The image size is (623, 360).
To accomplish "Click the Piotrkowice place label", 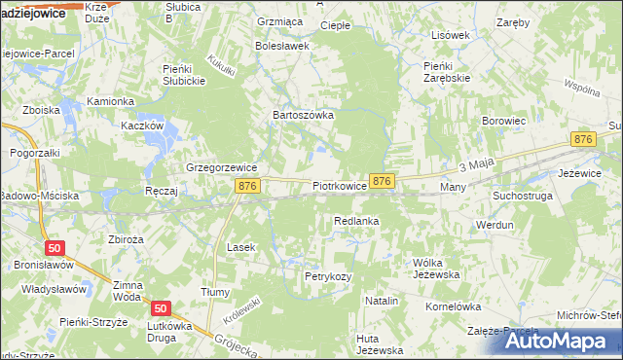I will click(340, 185).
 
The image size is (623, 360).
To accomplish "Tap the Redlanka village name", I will click(355, 222).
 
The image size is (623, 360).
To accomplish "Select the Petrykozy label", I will click(328, 277).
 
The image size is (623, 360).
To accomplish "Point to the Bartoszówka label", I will click(303, 115).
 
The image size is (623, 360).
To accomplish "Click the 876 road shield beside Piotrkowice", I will click(382, 181).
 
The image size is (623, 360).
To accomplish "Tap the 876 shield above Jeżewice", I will click(583, 140).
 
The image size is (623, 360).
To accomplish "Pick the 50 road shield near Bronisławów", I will click(55, 248).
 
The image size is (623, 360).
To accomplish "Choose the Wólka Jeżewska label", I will click(435, 269).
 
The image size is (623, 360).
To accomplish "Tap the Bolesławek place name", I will click(282, 46).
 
